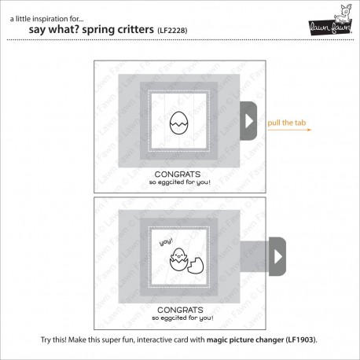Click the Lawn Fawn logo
[331, 20]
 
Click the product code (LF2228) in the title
[172, 31]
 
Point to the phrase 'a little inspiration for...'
[47, 19]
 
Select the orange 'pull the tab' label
[287, 123]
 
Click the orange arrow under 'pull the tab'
[289, 130]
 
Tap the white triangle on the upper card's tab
[249, 121]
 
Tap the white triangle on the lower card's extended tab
[278, 256]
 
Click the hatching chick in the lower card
[178, 259]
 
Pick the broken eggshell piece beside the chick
[197, 266]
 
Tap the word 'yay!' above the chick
[167, 241]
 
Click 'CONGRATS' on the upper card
[178, 174]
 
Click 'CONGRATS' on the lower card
[180, 310]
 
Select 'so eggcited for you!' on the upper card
[180, 182]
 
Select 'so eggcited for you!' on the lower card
[182, 318]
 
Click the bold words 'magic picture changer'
[245, 340]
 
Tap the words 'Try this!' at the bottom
[53, 340]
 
